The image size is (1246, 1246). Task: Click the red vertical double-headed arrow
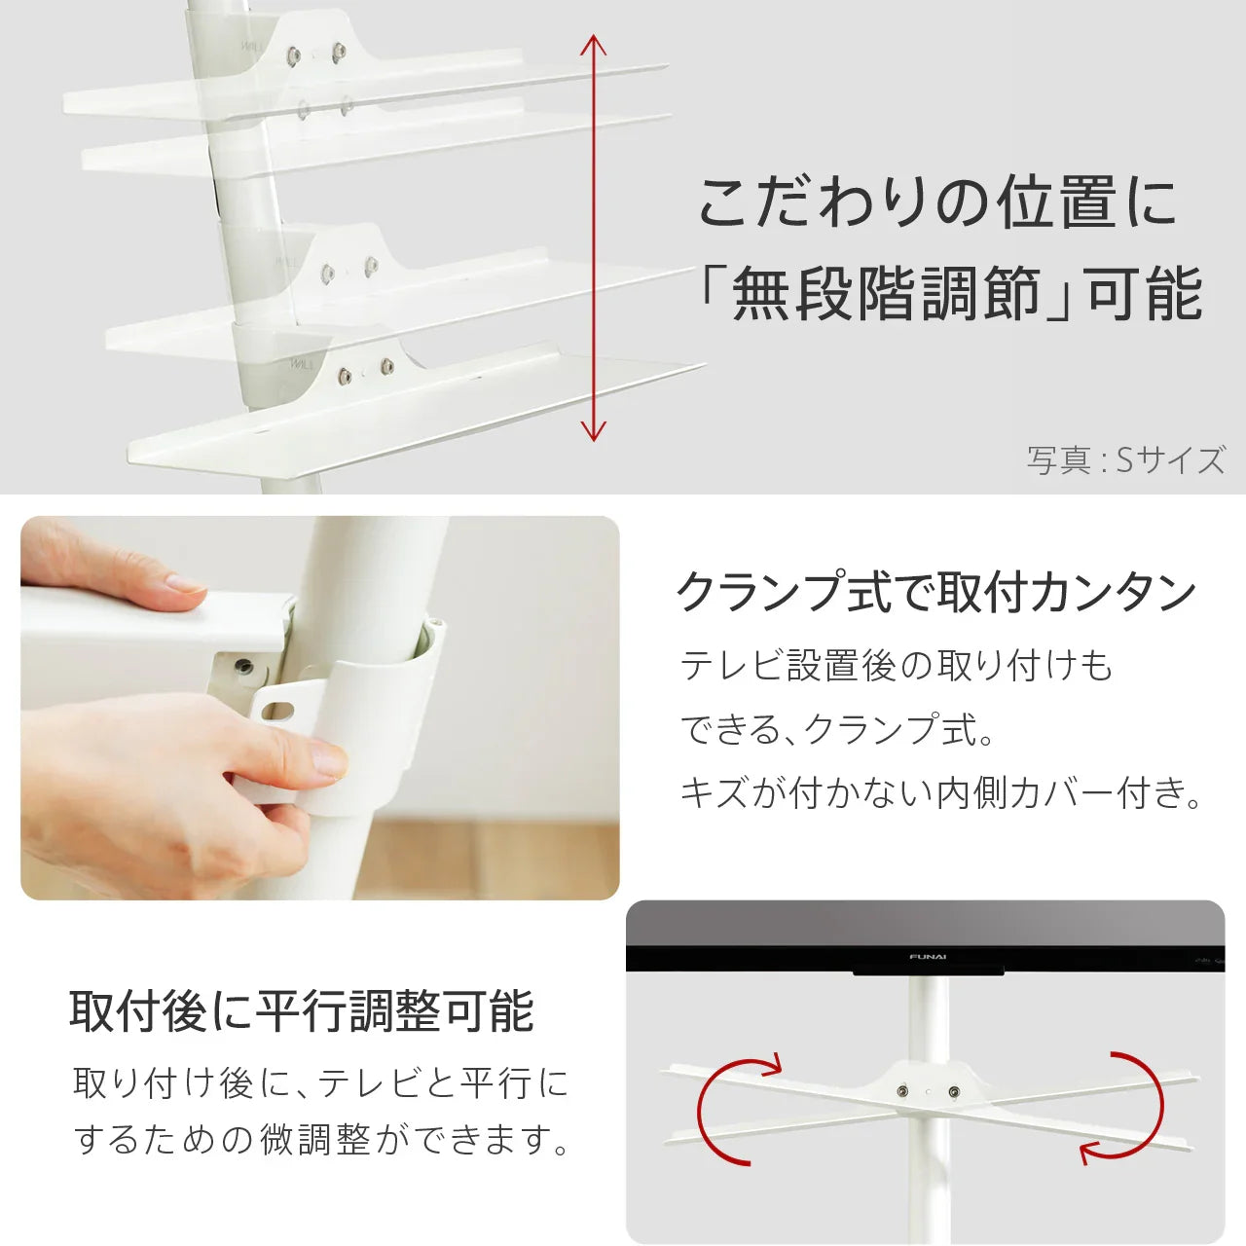click(593, 238)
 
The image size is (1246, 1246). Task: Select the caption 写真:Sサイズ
click(1125, 459)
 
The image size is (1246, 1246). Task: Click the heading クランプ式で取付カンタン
click(935, 592)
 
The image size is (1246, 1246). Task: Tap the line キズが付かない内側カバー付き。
click(940, 792)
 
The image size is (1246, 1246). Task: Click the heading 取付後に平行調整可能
click(302, 1011)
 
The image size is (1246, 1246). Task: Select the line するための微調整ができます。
click(322, 1139)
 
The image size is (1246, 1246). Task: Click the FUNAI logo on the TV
click(928, 957)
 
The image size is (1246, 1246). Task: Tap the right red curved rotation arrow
click(1129, 1108)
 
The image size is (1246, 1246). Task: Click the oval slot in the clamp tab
click(280, 709)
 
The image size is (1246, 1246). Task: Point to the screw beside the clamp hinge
click(242, 668)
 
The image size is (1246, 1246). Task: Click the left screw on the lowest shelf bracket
click(344, 375)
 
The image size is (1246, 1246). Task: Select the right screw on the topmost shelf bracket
click(338, 52)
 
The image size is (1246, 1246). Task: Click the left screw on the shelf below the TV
click(905, 1092)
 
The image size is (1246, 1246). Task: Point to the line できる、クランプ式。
click(837, 729)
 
